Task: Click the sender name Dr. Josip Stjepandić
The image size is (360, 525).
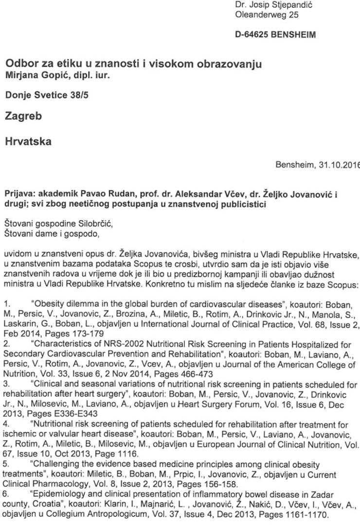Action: pyautogui.click(x=273, y=5)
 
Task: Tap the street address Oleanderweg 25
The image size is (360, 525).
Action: pyautogui.click(x=267, y=15)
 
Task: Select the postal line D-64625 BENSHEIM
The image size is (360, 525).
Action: pyautogui.click(x=275, y=35)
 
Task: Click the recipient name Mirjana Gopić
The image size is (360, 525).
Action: pyautogui.click(x=37, y=75)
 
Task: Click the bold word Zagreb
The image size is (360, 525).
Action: pyautogui.click(x=23, y=116)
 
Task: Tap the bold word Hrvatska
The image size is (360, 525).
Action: pyautogui.click(x=28, y=142)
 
